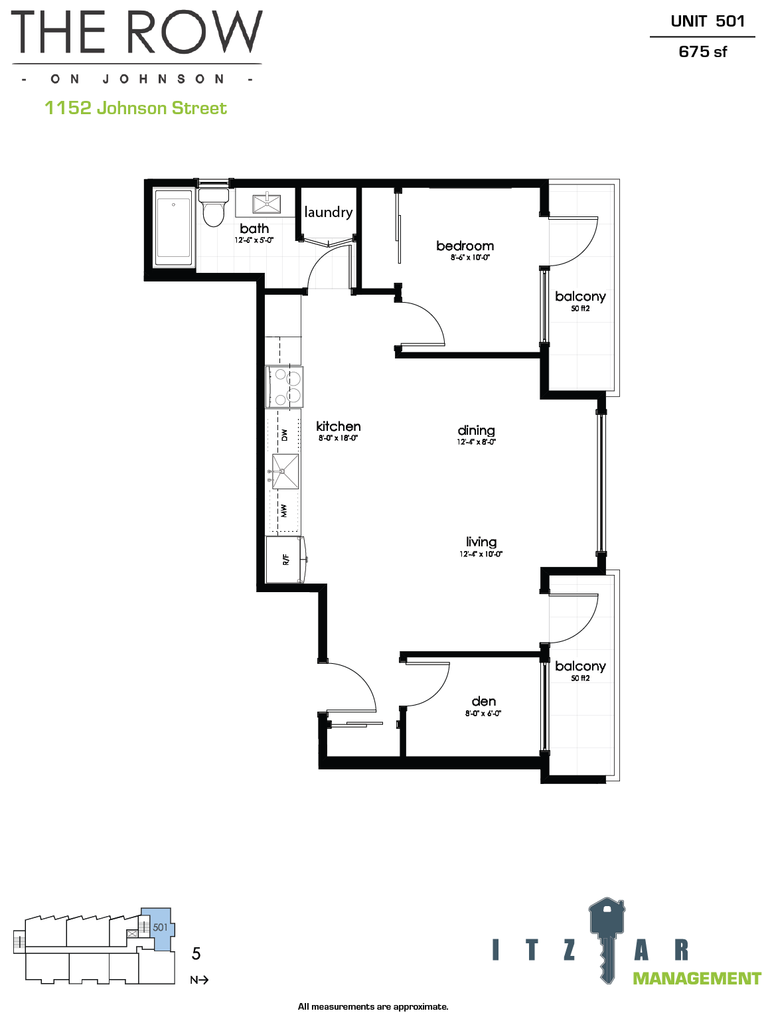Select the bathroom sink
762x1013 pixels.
point(266,204)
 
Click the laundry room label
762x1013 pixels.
point(329,212)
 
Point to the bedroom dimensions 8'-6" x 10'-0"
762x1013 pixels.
point(470,257)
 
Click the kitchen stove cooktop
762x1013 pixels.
point(284,387)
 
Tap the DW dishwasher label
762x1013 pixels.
point(284,435)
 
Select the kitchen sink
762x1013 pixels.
point(285,471)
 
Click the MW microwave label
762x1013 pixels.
point(283,510)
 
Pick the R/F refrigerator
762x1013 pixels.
point(285,560)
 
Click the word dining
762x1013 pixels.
point(476,431)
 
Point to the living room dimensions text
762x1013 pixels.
point(481,554)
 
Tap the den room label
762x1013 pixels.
point(483,701)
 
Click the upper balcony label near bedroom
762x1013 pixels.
point(580,297)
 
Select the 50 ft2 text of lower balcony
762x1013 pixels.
point(580,678)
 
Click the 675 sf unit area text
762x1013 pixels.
point(702,52)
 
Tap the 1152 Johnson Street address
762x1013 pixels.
point(135,108)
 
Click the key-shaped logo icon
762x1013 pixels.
point(607,939)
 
